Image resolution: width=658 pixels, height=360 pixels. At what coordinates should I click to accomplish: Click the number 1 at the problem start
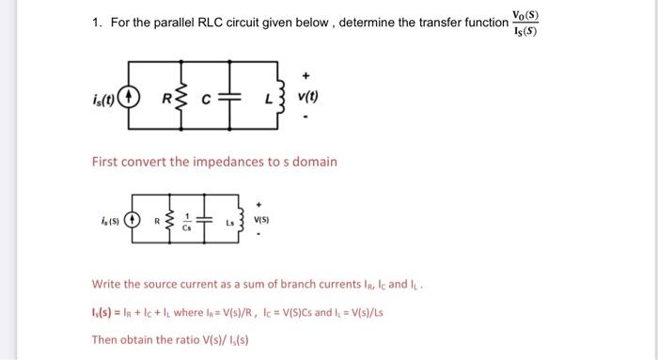(x=97, y=22)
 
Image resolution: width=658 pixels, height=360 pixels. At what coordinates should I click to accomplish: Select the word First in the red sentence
(x=106, y=161)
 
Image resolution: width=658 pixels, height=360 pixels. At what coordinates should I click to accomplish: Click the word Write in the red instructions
(x=107, y=283)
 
